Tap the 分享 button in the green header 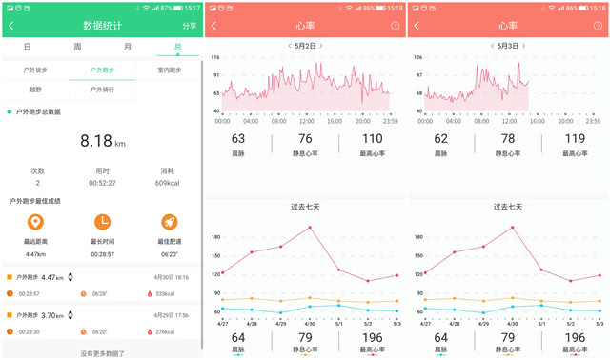point(189,26)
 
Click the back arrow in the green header point(11,26)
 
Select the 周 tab point(76,47)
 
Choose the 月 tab point(127,47)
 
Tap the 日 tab point(27,47)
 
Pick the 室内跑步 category point(170,70)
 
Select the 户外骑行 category point(103,90)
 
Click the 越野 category point(35,90)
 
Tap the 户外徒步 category point(35,70)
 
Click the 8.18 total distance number point(95,141)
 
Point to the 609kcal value point(169,183)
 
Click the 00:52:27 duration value point(102,183)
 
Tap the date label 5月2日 point(305,46)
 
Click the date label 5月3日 point(508,46)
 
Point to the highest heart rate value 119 point(574,139)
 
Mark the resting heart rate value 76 point(305,139)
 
